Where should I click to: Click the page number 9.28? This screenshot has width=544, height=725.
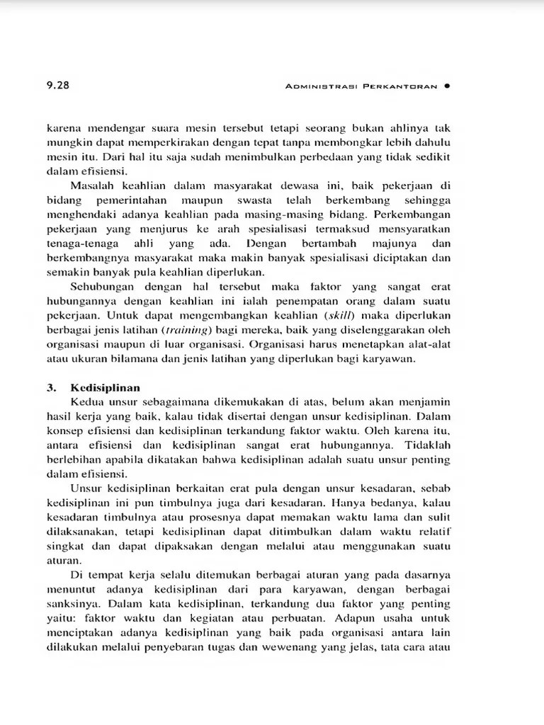57,86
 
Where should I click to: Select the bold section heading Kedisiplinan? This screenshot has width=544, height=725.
105,387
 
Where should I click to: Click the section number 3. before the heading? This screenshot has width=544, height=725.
52,387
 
